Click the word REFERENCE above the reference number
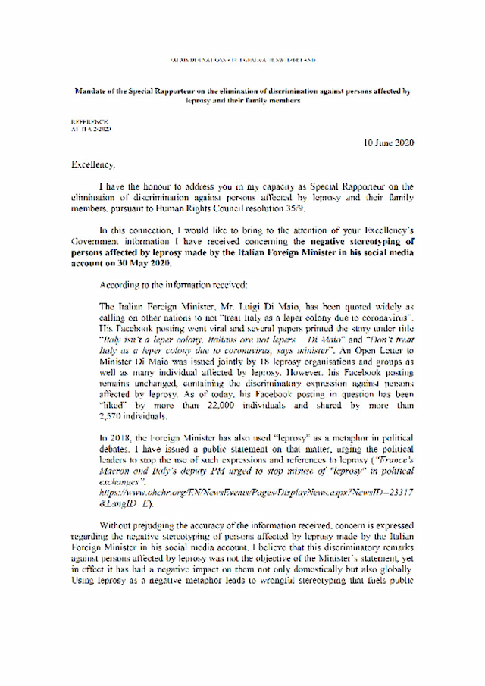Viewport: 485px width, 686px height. coord(89,121)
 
